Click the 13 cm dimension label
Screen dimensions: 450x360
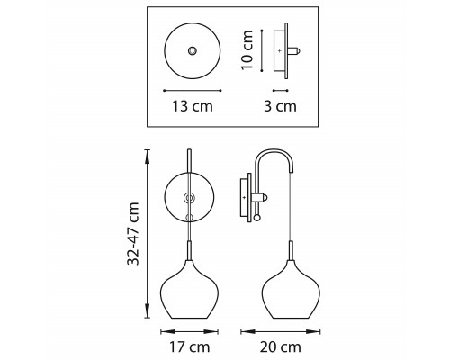tap(193, 106)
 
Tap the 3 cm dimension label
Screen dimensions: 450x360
tap(280, 106)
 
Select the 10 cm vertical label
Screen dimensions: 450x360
tap(247, 50)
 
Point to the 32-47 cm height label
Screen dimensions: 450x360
tap(133, 234)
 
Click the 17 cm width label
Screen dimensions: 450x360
tap(190, 347)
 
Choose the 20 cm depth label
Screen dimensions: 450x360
tap(281, 347)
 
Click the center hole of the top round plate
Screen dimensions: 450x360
tap(193, 50)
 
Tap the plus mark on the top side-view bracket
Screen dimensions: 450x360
tap(280, 51)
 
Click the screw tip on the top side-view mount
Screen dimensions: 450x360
tap(298, 51)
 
